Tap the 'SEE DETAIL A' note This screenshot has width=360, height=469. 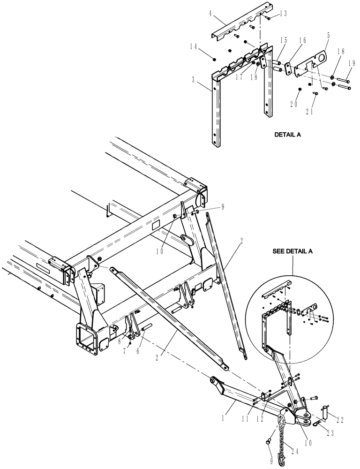click(293, 251)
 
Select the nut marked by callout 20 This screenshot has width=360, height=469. click(300, 89)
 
